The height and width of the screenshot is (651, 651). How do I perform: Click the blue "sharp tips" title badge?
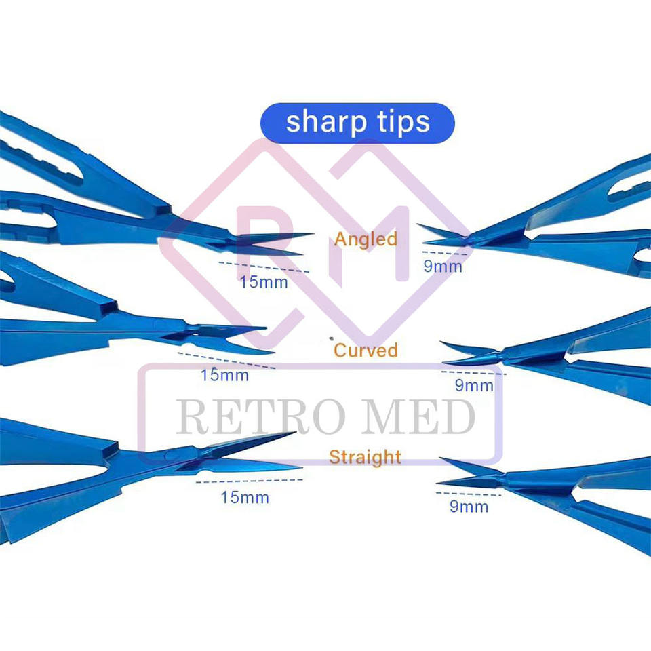[357, 123]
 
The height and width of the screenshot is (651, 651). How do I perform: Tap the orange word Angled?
[366, 239]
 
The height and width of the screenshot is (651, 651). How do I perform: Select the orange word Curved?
[366, 351]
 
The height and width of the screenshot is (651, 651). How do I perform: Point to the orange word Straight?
[366, 456]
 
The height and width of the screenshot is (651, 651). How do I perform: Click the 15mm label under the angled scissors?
[263, 281]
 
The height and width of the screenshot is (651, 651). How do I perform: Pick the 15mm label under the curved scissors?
[224, 374]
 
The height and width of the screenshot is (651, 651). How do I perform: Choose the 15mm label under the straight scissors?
[244, 497]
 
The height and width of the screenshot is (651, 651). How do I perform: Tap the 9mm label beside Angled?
[443, 266]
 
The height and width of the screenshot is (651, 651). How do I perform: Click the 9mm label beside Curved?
[474, 386]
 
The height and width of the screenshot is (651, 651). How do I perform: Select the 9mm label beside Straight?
[469, 506]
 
